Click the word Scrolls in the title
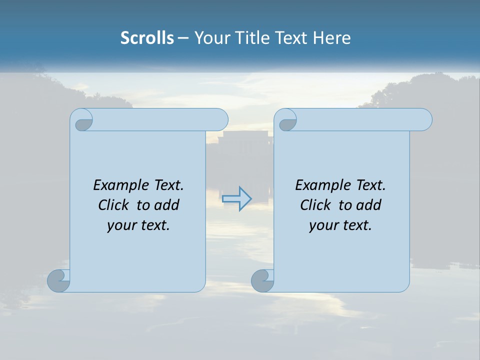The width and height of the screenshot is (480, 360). pos(147,38)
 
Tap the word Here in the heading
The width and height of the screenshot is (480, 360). pos(332,38)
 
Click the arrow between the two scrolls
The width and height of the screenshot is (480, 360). pos(237,199)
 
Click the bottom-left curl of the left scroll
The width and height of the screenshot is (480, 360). pos(58,280)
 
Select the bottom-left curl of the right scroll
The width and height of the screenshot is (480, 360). pos(262,280)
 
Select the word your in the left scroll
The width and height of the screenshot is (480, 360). pos(121,225)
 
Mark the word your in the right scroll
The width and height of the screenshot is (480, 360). pos(323,225)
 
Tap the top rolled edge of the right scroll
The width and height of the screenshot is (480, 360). pos(360,119)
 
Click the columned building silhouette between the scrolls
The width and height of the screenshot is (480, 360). pos(240,145)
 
